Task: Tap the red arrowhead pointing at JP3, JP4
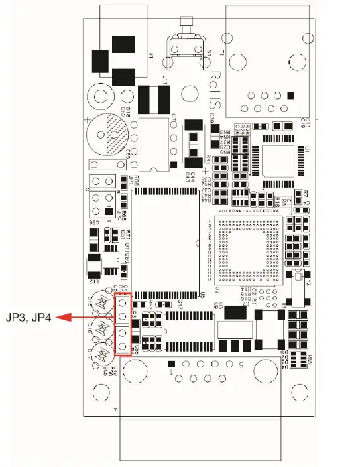pos(58,318)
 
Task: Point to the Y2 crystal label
pos(308,282)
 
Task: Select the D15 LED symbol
pos(101,303)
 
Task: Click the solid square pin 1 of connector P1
pos(172,363)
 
